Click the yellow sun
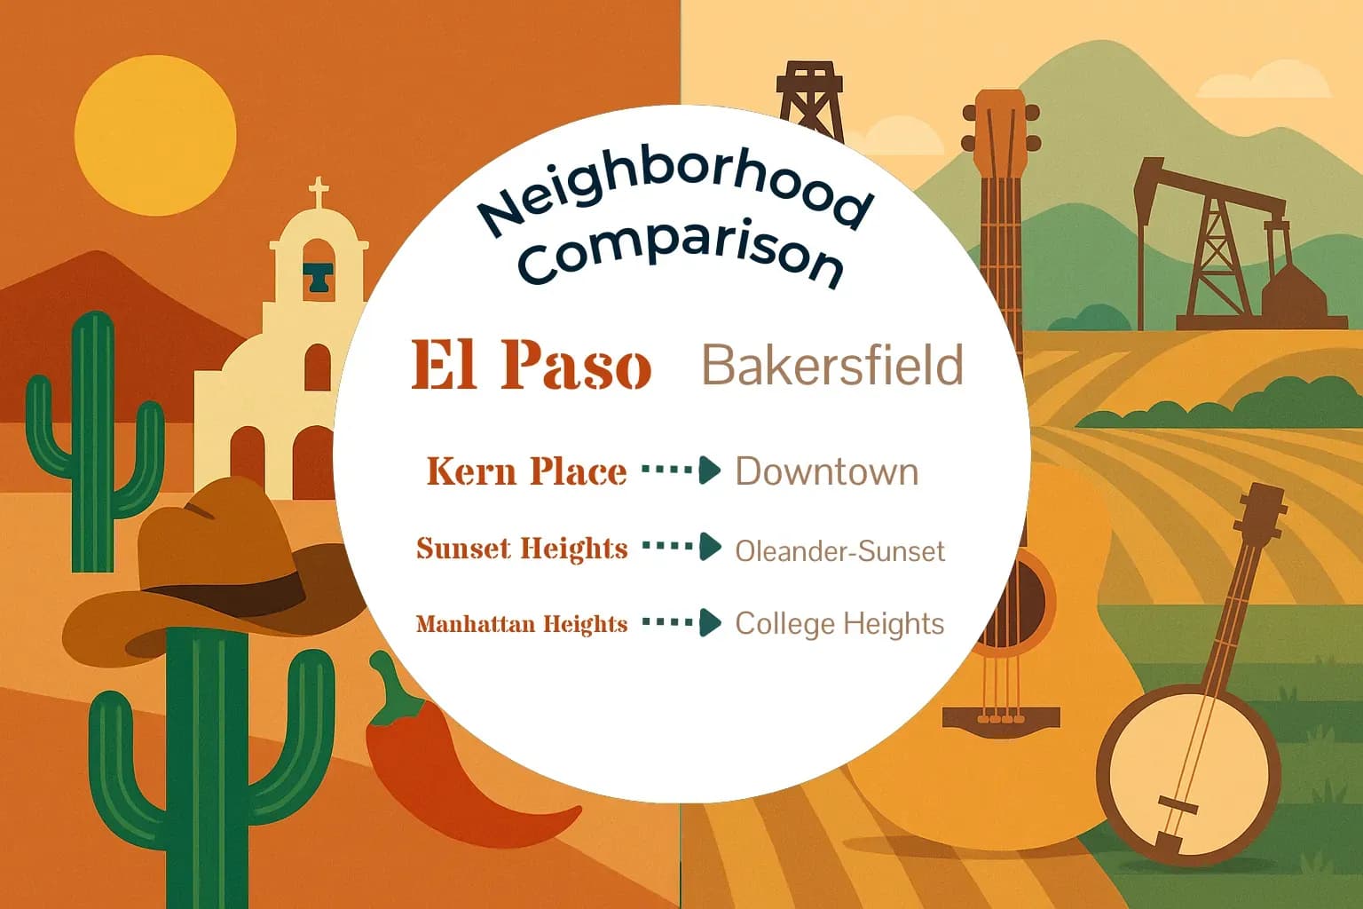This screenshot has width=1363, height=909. [x=155, y=135]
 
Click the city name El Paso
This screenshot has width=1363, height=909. [x=531, y=365]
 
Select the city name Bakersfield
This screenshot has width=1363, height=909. [x=832, y=365]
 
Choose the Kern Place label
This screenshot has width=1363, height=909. [x=526, y=471]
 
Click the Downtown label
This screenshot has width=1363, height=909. [x=826, y=471]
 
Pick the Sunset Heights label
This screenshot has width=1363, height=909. [x=522, y=549]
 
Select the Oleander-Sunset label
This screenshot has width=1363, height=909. [x=839, y=551]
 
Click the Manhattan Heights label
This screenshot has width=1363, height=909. [x=522, y=624]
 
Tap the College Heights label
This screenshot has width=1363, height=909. [x=839, y=623]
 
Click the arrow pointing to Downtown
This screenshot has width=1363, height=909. [x=681, y=470]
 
